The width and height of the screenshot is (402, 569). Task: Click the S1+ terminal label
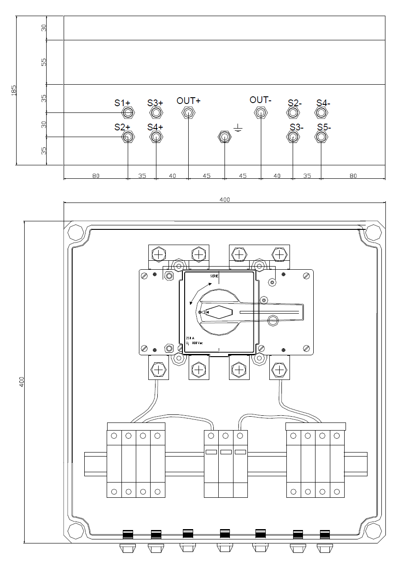(122, 103)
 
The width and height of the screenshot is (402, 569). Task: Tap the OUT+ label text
(188, 100)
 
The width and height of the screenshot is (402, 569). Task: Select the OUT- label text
(260, 99)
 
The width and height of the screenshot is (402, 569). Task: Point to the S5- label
(323, 127)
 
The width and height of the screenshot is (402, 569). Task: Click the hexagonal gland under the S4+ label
(156, 137)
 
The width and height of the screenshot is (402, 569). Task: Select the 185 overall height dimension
(13, 90)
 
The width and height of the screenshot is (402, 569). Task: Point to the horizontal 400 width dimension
(225, 199)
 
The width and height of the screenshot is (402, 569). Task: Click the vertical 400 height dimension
(21, 382)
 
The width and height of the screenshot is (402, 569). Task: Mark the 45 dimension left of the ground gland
(206, 176)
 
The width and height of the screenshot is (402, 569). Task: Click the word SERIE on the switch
(214, 276)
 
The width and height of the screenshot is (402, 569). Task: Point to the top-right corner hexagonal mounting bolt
(372, 233)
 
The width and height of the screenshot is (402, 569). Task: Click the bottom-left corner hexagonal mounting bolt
(75, 531)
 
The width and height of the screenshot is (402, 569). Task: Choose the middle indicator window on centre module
(226, 452)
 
